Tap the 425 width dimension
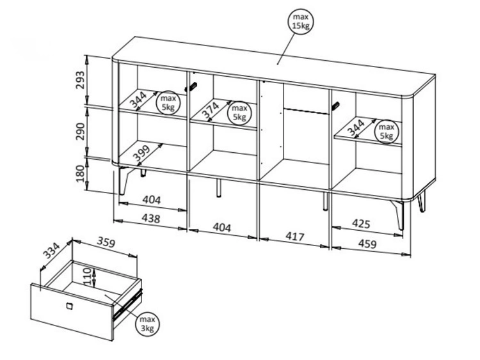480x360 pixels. pyautogui.click(x=361, y=224)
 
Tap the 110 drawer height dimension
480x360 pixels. pyautogui.click(x=87, y=276)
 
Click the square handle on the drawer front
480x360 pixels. pyautogui.click(x=69, y=306)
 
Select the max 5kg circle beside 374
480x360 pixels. pyautogui.click(x=239, y=113)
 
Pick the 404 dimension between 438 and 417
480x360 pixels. pyautogui.click(x=221, y=227)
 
